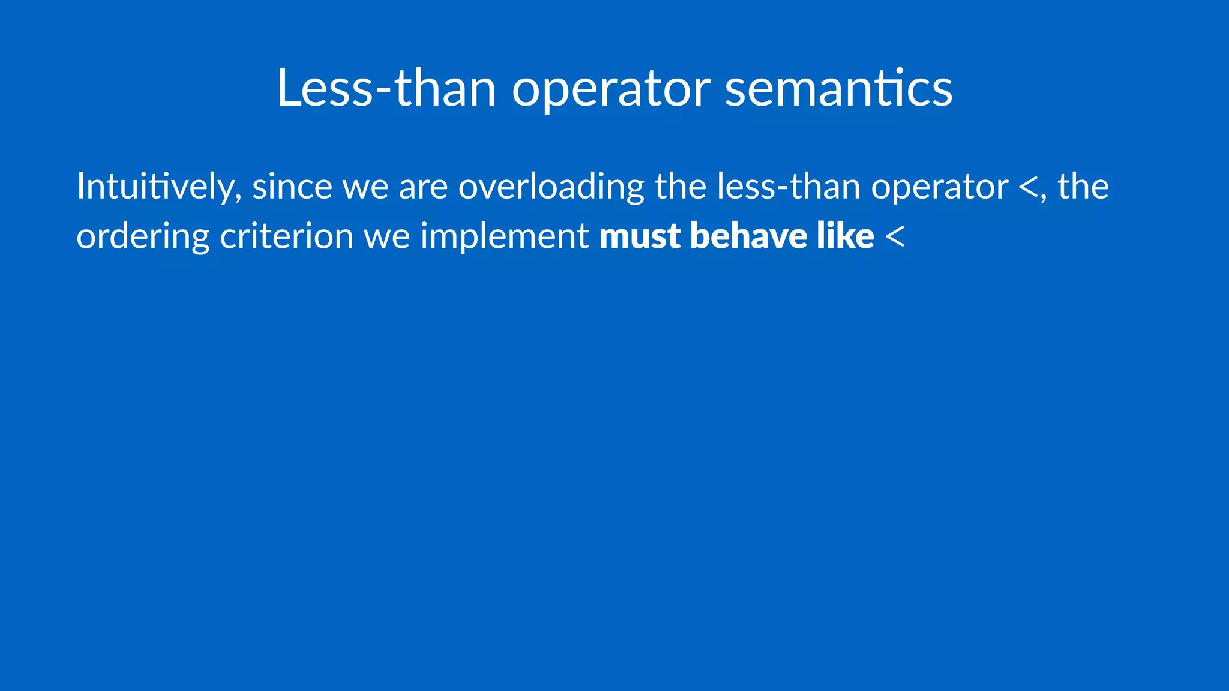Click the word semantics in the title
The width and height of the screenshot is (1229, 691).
tap(838, 88)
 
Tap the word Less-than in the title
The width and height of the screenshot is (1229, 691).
tap(386, 88)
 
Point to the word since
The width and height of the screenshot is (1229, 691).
tap(292, 187)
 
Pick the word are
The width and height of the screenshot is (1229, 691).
tap(423, 188)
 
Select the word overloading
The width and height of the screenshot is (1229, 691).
tap(551, 188)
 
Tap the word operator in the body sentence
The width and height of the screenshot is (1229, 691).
tap(939, 188)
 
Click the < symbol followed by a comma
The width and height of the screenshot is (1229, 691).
tap(1028, 188)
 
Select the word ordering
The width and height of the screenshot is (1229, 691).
tap(143, 237)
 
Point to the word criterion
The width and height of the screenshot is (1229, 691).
tap(287, 236)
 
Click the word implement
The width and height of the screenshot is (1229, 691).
tap(504, 237)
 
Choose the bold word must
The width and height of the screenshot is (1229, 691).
tap(640, 236)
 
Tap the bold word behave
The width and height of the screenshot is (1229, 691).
tap(748, 236)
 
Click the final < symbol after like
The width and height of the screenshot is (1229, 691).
tap(894, 237)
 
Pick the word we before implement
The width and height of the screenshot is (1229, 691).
tap(387, 237)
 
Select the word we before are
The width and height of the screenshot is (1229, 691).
tap(365, 188)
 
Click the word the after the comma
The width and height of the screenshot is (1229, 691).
tap(1083, 187)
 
